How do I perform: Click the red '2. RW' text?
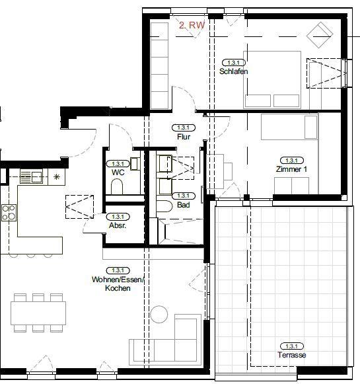tap(192, 25)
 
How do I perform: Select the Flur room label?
tap(184, 137)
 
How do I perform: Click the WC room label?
tap(118, 171)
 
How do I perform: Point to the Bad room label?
tap(183, 206)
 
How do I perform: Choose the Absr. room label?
tap(117, 225)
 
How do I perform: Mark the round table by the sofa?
tap(159, 315)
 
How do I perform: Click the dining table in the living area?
tap(38, 312)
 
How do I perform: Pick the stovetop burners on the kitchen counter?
tap(9, 212)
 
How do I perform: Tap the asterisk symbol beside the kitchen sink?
tap(56, 176)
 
